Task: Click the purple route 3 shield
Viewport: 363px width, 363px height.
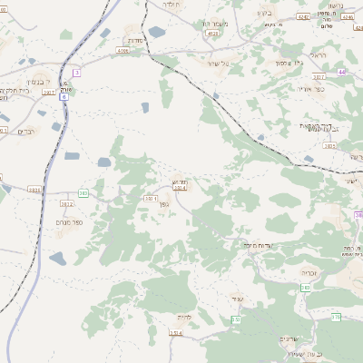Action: (x=77, y=73)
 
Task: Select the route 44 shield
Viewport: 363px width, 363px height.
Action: (x=341, y=71)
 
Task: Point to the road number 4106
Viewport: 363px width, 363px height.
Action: (x=123, y=52)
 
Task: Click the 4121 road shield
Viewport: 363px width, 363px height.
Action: (x=211, y=33)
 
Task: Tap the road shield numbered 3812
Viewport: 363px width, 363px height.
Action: (x=66, y=205)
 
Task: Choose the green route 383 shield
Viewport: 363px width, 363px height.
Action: (x=83, y=192)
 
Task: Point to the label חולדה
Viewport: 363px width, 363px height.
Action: (x=172, y=5)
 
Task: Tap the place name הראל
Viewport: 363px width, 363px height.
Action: (x=317, y=55)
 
